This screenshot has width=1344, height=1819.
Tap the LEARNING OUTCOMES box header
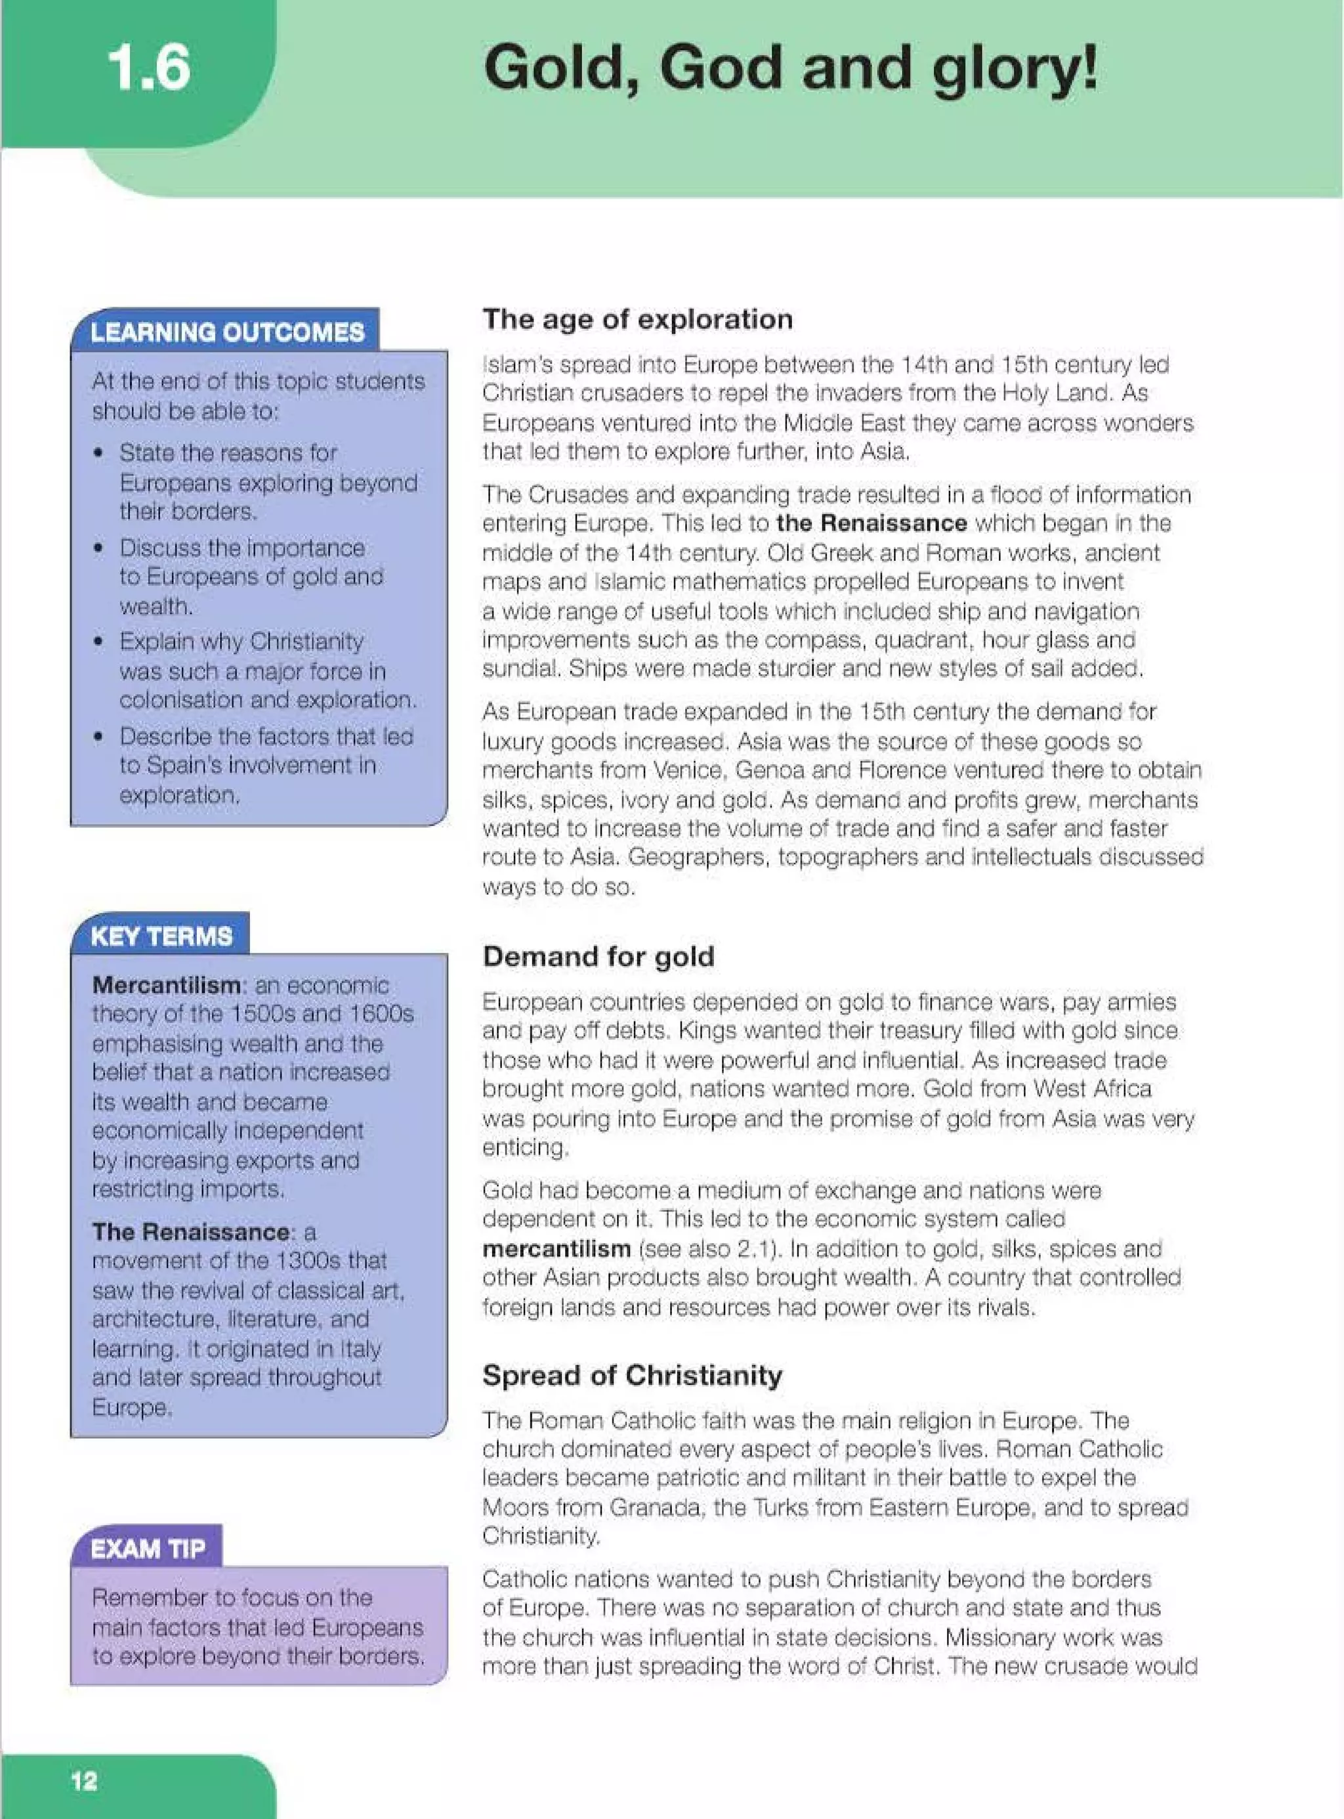227,332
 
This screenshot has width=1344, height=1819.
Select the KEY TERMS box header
161,936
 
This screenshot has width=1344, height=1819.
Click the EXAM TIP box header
147,1548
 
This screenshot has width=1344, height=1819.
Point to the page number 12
84,1781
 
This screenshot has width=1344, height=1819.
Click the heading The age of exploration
637,319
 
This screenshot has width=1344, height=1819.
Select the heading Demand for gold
598,956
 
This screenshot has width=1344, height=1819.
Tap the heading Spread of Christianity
632,1376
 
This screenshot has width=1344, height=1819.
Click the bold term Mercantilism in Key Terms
165,986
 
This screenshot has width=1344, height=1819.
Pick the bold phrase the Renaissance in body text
871,523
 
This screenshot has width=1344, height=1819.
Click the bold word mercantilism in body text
556,1248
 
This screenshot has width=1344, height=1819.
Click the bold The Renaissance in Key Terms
190,1232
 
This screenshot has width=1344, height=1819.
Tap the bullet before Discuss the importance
98,548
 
